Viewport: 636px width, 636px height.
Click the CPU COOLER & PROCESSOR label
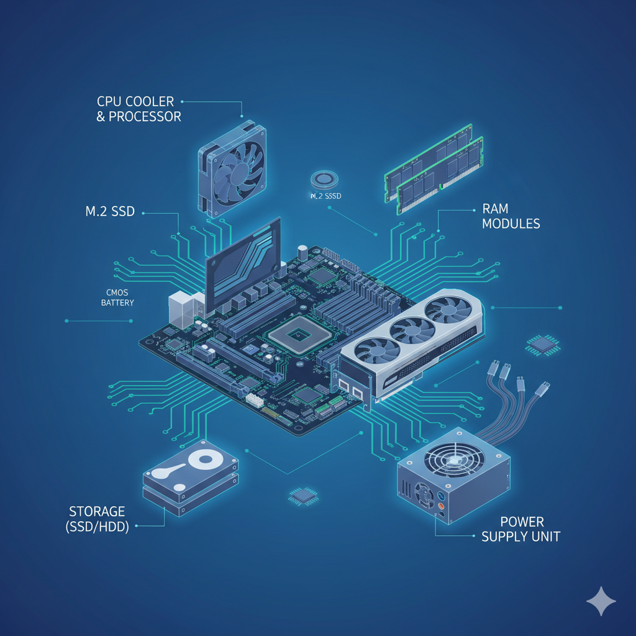tap(139, 109)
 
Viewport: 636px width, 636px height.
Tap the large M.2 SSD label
tap(110, 211)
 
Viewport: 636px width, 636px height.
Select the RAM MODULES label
tap(511, 216)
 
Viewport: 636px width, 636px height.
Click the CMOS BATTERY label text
tap(117, 298)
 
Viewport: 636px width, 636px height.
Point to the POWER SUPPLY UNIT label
tap(521, 529)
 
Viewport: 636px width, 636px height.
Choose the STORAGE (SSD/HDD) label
tap(98, 519)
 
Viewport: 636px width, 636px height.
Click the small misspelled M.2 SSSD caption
tap(325, 196)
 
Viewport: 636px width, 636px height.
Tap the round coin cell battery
tap(324, 179)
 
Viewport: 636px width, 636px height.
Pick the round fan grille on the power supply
tap(454, 460)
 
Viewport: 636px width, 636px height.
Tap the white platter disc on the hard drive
tap(205, 460)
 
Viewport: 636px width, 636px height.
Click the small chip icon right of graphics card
tap(543, 345)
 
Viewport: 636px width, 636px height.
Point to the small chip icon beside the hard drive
tap(303, 496)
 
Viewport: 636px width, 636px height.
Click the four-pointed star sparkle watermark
tap(601, 601)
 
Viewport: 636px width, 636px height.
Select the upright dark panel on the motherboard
tap(243, 263)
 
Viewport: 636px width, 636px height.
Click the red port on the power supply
tap(441, 506)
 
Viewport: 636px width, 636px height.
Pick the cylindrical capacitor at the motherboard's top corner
tap(302, 253)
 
